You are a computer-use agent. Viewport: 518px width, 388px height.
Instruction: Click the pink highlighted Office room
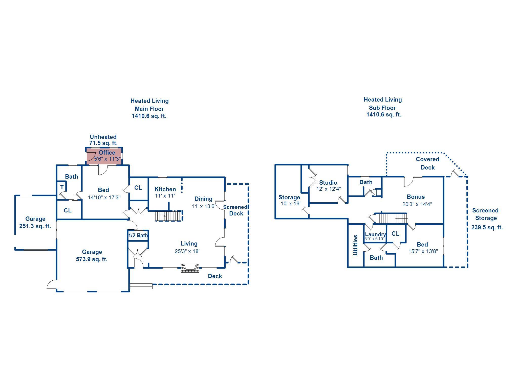104,156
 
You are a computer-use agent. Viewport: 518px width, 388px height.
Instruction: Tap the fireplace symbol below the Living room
190,268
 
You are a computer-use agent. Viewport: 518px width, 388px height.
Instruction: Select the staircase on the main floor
168,216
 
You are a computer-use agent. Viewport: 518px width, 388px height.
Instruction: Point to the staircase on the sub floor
393,219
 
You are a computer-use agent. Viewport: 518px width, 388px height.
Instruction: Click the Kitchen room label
165,189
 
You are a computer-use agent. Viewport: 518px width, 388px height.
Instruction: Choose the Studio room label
328,183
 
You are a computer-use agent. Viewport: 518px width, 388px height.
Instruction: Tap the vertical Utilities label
355,245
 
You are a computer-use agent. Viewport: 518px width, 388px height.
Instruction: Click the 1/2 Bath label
138,235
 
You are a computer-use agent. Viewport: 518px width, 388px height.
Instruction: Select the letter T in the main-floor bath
62,187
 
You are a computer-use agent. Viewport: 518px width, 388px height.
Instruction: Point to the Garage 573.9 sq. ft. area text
92,256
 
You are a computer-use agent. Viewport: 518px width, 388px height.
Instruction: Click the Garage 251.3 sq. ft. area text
35,223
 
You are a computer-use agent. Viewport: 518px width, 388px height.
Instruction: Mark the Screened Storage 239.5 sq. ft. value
487,227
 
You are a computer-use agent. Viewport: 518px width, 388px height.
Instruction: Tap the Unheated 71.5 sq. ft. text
103,140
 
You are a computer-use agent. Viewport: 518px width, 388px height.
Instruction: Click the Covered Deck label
427,163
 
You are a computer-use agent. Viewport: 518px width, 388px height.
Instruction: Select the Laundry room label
375,234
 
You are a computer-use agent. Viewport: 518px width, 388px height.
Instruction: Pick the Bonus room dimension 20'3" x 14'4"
417,204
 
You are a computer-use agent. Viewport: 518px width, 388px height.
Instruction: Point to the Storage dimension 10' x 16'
290,204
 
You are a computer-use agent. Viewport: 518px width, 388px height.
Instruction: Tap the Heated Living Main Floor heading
149,105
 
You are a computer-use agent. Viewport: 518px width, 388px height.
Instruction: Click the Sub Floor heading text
382,108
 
